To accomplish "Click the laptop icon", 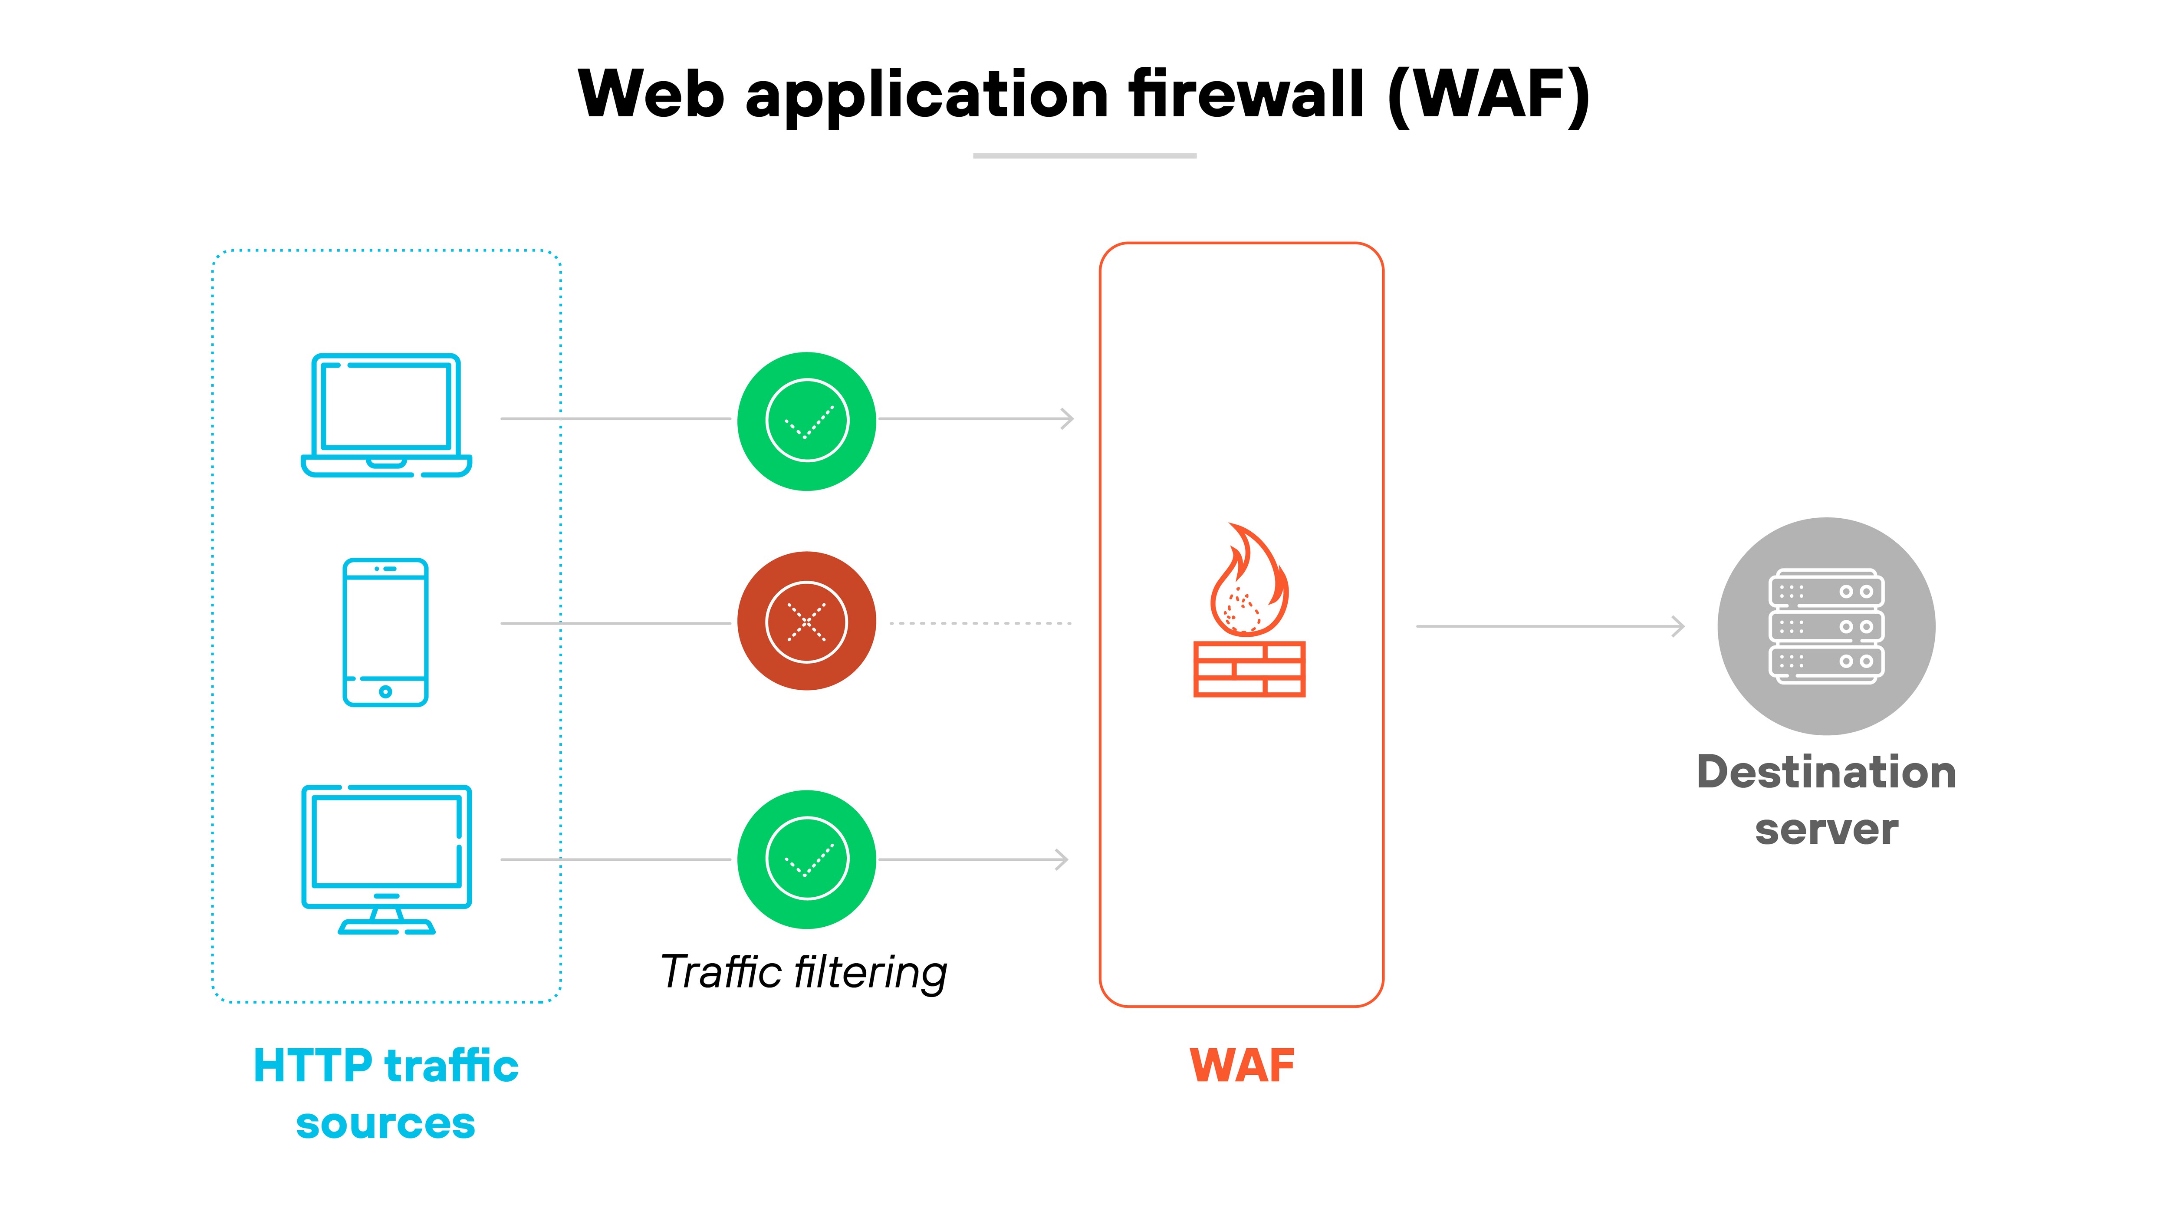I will (386, 415).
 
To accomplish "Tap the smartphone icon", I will (385, 632).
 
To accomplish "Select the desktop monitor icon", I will (386, 858).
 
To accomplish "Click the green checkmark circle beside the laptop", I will (806, 421).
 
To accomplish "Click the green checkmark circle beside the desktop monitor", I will (806, 859).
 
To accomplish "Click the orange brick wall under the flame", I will (1249, 669).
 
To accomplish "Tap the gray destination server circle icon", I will (1825, 626).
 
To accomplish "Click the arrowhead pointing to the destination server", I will (1678, 626).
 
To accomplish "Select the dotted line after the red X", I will (980, 624).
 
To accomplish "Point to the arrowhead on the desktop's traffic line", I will (1062, 859).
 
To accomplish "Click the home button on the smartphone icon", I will (385, 692).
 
